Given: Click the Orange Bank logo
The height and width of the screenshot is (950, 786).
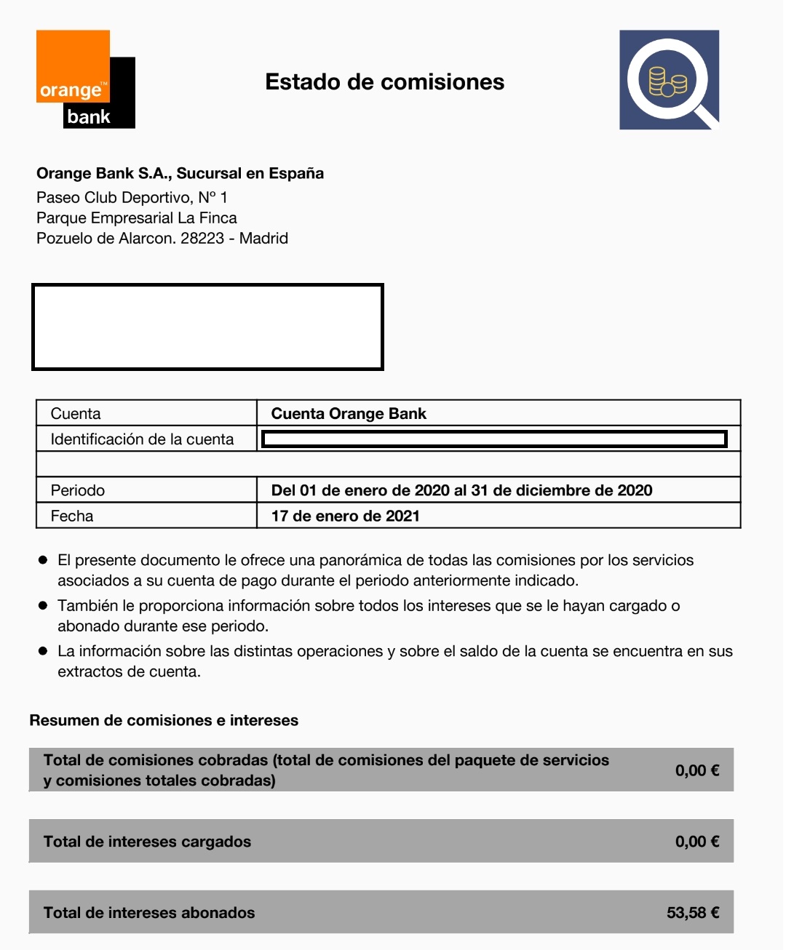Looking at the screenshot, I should click(x=85, y=79).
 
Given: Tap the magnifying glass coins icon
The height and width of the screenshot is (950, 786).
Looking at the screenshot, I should click(x=669, y=80).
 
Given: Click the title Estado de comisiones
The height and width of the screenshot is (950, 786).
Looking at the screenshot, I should click(x=384, y=82).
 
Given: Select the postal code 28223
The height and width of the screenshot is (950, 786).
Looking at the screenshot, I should click(x=202, y=239).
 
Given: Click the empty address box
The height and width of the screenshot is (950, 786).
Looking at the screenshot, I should click(x=207, y=327).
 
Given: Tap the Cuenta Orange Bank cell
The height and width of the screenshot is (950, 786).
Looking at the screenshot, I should click(x=349, y=414).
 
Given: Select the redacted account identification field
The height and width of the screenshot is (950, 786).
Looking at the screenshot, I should click(x=494, y=439).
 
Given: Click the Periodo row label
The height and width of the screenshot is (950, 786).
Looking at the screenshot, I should click(x=78, y=490).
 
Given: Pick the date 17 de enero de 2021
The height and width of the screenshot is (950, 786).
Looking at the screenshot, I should click(x=345, y=516).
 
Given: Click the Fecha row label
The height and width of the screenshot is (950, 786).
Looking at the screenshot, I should click(x=72, y=516).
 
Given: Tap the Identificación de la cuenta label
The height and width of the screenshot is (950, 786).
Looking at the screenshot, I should click(x=142, y=439).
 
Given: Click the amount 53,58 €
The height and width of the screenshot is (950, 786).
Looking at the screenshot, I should click(x=693, y=913).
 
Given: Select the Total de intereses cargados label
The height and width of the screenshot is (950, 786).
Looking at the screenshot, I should click(x=147, y=842).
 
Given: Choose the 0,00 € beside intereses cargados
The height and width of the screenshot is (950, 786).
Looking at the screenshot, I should click(x=696, y=842).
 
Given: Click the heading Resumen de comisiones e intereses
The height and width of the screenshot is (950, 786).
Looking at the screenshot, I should click(x=164, y=721).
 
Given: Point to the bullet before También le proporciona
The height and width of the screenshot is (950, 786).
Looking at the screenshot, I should click(x=43, y=605).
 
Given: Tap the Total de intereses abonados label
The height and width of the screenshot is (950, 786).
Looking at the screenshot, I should click(x=149, y=913).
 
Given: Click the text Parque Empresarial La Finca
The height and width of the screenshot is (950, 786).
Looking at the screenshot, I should click(x=136, y=218).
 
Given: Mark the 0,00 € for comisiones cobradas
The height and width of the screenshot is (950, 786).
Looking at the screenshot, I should click(x=696, y=770).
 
